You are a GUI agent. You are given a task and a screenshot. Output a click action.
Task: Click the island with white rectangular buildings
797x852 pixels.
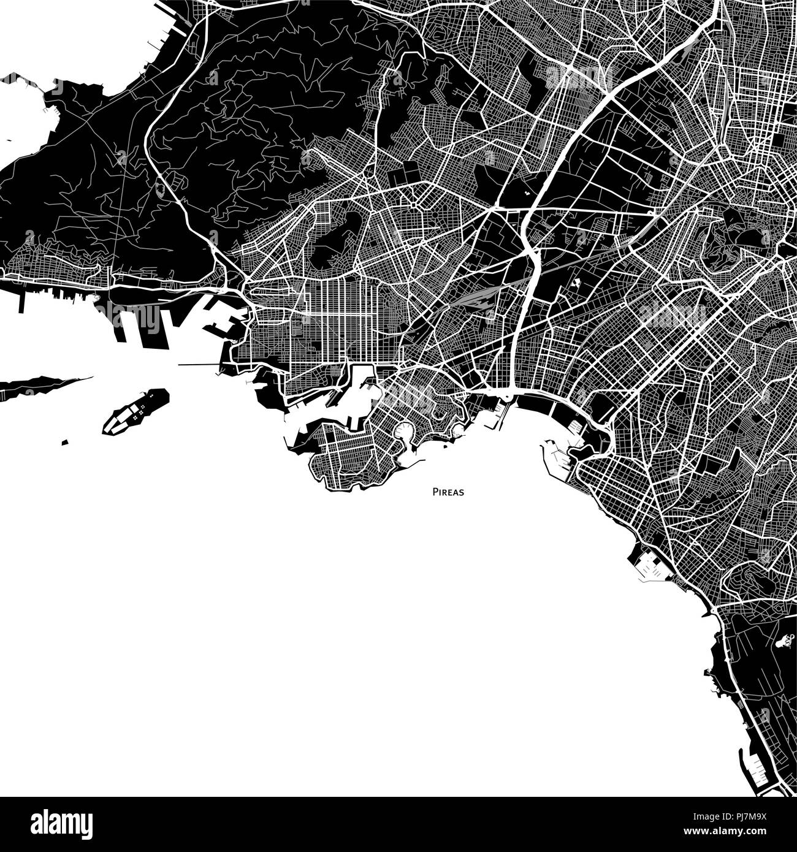tap(135, 410)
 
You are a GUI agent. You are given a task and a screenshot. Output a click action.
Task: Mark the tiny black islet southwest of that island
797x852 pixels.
tap(64, 441)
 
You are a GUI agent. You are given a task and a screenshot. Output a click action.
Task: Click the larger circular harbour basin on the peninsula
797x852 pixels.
tap(405, 432)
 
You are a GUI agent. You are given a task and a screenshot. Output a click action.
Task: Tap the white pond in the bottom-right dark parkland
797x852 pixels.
tap(785, 642)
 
